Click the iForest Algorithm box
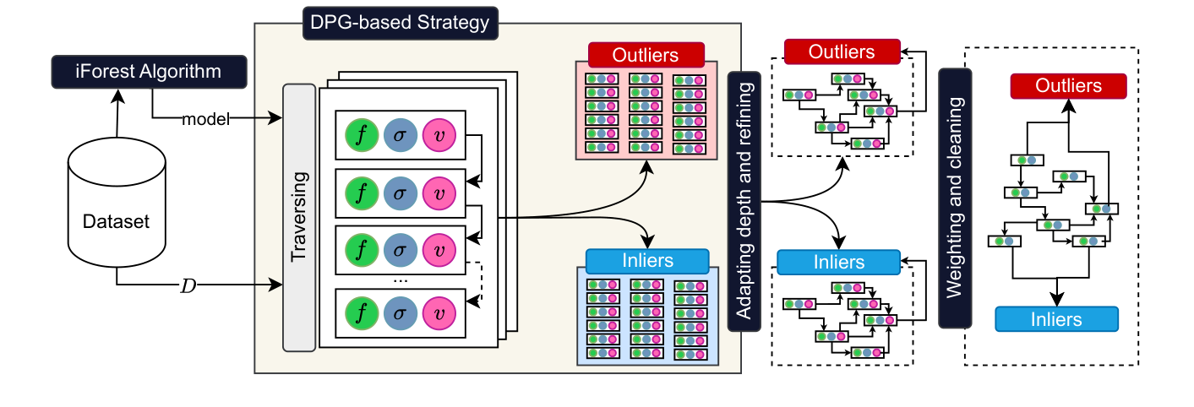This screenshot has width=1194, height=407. click(149, 71)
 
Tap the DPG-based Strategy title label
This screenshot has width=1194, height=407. click(400, 22)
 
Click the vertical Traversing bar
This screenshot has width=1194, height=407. click(298, 217)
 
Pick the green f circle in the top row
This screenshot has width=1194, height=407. click(363, 134)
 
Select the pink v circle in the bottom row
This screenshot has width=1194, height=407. click(439, 312)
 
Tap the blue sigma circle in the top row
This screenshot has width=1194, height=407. click(401, 134)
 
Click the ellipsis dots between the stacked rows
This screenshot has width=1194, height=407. click(401, 279)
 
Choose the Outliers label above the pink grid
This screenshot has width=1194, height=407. click(646, 55)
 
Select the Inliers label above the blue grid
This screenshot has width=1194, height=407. click(646, 260)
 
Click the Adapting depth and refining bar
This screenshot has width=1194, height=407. click(744, 201)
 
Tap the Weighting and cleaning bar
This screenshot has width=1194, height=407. click(955, 197)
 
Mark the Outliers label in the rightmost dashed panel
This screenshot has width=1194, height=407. click(1068, 86)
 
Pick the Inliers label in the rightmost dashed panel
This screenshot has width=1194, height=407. click(1056, 319)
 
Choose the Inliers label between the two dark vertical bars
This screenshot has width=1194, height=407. click(839, 263)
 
